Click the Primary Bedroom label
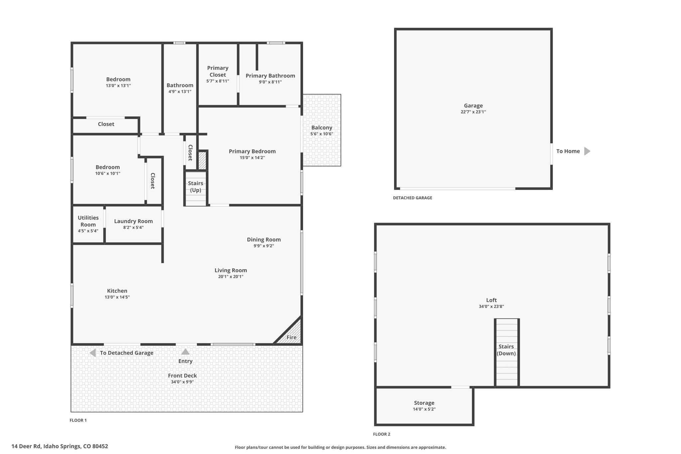coord(252,151)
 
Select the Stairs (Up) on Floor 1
coord(196,188)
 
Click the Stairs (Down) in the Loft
coord(507,353)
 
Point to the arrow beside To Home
coord(587,151)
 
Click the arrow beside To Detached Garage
coord(93,353)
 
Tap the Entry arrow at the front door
coord(185,352)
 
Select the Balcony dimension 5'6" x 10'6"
coord(322,134)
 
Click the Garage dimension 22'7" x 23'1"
coord(473,112)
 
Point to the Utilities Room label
coord(88,221)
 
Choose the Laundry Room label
coord(133,221)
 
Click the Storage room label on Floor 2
coord(424,403)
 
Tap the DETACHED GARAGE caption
coord(413,198)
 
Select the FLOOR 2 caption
coord(382,434)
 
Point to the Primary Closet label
coord(218,72)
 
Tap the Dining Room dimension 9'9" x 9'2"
coord(264,246)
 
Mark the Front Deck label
coord(182,376)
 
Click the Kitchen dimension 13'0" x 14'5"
coord(117,297)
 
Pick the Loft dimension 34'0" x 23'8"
coord(491,307)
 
